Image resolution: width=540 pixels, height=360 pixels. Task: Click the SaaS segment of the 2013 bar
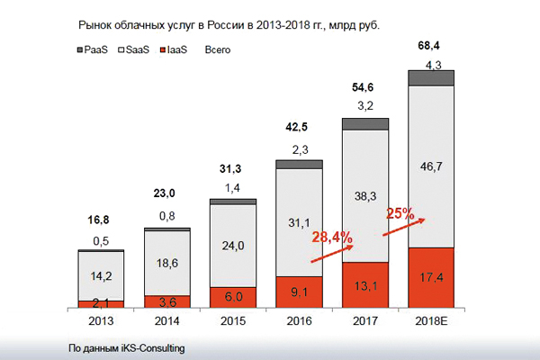point(100,275)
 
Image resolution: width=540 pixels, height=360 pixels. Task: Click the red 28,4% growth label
point(333,237)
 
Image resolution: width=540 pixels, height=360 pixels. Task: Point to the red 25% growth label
point(400,214)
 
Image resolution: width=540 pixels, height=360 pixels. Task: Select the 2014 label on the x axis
point(166,321)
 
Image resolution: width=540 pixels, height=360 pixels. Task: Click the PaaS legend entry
point(94,50)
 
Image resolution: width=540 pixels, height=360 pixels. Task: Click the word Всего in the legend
point(216,50)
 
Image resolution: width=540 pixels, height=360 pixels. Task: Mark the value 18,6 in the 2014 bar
point(166,262)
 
